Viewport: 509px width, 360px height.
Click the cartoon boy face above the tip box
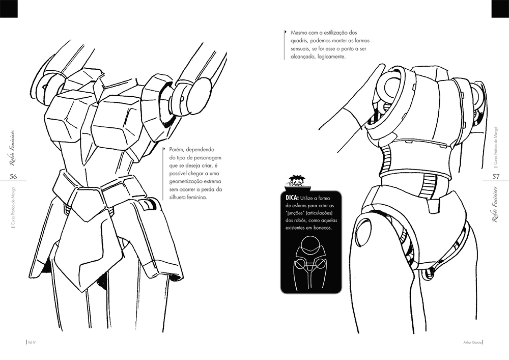click(295, 180)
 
